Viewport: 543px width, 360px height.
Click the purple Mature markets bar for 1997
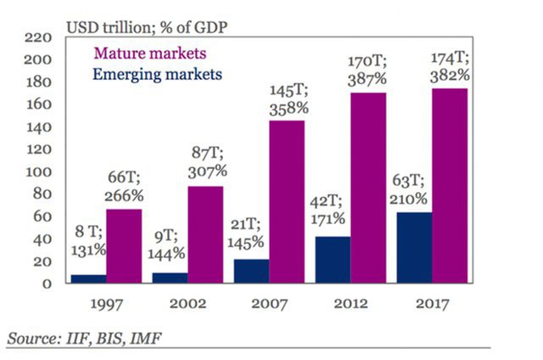click(x=124, y=245)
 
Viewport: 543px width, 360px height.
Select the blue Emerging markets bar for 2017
click(x=414, y=247)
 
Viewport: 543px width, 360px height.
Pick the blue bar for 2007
click(x=251, y=271)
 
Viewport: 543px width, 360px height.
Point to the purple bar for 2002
click(x=205, y=234)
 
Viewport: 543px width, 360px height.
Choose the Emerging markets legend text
click(x=158, y=74)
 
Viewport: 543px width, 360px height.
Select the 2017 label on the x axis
click(x=431, y=304)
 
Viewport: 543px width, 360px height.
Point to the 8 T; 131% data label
click(x=87, y=240)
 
